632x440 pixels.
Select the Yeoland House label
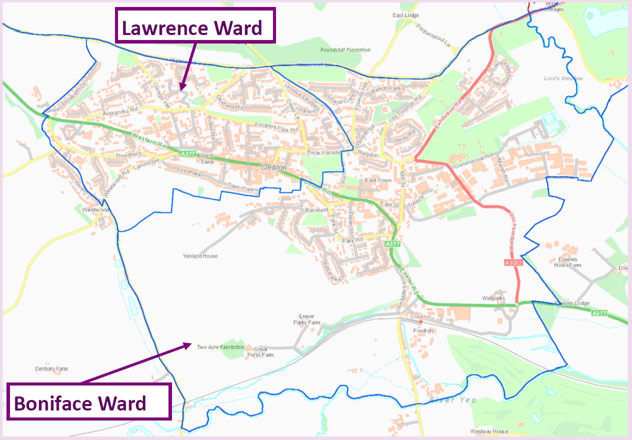(200, 256)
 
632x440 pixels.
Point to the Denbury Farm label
(51, 369)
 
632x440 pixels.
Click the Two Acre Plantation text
(220, 347)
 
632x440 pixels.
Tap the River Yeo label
(452, 400)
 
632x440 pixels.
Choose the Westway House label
(489, 431)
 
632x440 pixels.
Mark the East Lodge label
(405, 15)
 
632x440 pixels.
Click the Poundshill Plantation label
(345, 50)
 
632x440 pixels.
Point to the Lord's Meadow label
(563, 78)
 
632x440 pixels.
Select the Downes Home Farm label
(567, 262)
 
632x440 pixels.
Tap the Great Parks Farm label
(260, 352)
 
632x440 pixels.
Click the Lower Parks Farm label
(306, 319)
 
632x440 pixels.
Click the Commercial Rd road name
(470, 160)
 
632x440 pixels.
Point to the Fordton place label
(423, 331)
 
